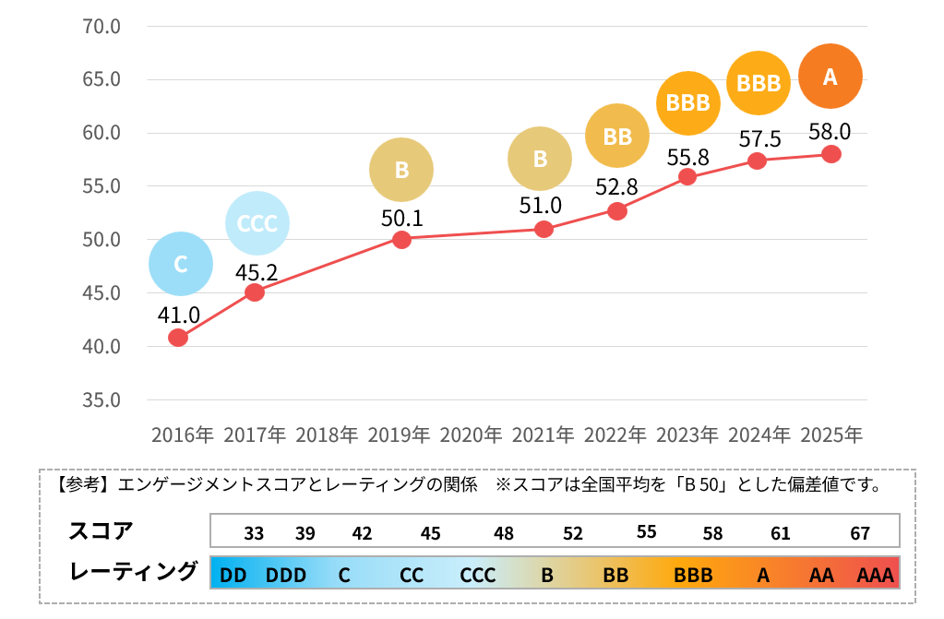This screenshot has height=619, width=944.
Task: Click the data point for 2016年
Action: (x=178, y=338)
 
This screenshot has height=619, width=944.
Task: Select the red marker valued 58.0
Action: (x=830, y=154)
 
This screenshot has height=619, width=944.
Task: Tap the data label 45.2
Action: (x=256, y=273)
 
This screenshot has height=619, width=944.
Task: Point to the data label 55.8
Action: (x=688, y=158)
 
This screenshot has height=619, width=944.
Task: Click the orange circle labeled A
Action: (x=830, y=77)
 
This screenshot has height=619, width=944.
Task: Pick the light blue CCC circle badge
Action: (x=257, y=223)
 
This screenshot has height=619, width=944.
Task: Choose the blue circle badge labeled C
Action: (x=181, y=264)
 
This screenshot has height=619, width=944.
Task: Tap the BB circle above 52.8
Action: (x=617, y=137)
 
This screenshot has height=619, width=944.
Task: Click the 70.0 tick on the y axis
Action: (x=102, y=26)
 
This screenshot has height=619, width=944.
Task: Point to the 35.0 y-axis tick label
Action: (x=102, y=400)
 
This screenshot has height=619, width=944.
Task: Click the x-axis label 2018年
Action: (x=327, y=434)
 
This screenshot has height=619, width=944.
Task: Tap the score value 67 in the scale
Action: (x=860, y=534)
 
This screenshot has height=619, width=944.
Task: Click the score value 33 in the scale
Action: (x=254, y=534)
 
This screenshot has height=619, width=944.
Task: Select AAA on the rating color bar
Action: (x=876, y=576)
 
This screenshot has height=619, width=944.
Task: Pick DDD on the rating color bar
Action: (x=285, y=576)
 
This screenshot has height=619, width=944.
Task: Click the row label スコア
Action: (x=101, y=531)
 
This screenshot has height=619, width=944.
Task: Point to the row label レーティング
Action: (x=134, y=572)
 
